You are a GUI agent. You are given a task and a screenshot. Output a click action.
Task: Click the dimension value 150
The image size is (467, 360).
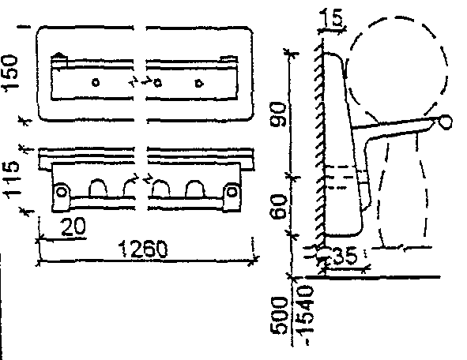click(x=9, y=73)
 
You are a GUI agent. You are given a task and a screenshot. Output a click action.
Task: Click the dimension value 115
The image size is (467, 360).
click(x=11, y=179)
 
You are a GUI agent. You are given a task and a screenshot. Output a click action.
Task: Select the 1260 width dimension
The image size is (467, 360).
click(x=143, y=249)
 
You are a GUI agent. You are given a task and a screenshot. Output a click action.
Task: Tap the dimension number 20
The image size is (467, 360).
click(x=73, y=226)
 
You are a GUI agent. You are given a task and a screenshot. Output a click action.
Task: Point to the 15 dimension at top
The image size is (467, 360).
click(x=332, y=18)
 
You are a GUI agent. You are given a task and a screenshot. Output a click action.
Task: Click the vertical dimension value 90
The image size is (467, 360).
click(x=278, y=114)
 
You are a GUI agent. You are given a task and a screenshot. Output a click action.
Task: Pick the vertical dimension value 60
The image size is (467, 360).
click(x=278, y=206)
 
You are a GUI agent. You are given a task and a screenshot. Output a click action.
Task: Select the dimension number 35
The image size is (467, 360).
click(x=345, y=255)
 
